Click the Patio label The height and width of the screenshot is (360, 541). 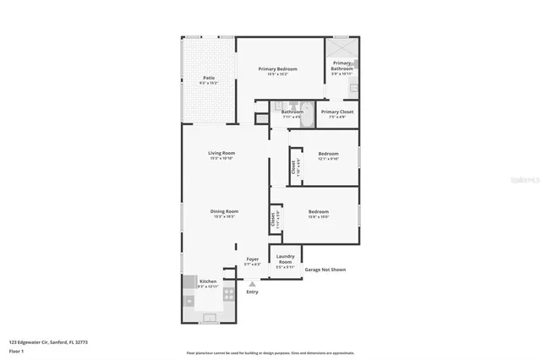coord(208,78)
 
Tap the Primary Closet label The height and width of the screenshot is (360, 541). coord(337,112)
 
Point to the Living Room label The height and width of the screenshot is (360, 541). coord(221,153)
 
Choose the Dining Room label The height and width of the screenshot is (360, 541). coord(225,211)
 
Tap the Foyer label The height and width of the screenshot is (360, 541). coord(252,259)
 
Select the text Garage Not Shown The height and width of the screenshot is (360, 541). coord(325,270)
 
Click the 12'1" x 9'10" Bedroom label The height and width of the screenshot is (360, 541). coord(328,154)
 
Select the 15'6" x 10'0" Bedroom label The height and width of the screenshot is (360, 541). coord(318,211)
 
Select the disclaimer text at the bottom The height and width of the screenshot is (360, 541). coord(270,353)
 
